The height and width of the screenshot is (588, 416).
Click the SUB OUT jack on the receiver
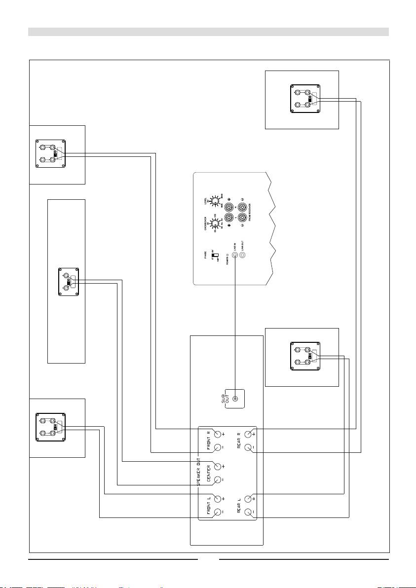pyautogui.click(x=235, y=400)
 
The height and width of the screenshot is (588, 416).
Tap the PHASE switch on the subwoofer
pyautogui.click(x=215, y=257)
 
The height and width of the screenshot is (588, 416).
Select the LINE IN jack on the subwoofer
pyautogui.click(x=235, y=256)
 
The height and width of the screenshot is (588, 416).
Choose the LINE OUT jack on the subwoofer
pyautogui.click(x=242, y=256)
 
